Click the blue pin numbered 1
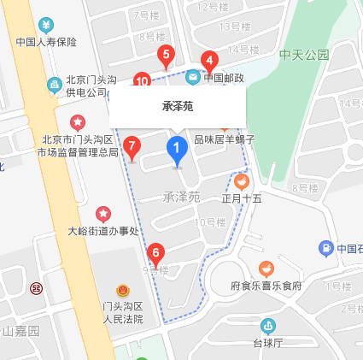177,150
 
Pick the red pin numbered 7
132,147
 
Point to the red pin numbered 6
155,254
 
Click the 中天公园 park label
303,55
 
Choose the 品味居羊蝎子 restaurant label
225,139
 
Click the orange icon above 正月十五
242,181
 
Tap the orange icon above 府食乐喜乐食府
266,269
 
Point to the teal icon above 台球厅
268,325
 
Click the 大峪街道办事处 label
102,230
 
